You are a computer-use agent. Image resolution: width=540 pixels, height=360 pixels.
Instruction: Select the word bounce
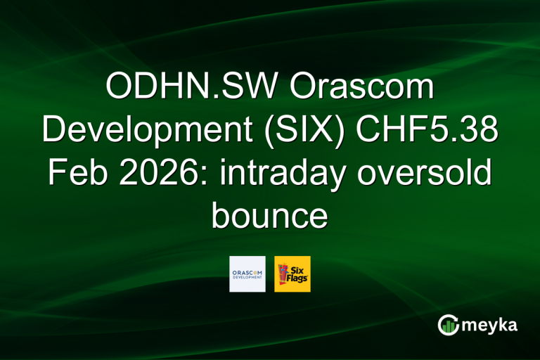(270, 215)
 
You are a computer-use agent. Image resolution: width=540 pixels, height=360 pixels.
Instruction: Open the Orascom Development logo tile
(247, 274)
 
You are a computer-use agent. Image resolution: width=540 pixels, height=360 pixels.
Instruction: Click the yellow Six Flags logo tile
(292, 274)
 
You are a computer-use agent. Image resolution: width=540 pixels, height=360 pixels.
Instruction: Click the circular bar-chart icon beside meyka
(448, 324)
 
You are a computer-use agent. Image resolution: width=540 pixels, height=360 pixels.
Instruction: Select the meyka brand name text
(491, 325)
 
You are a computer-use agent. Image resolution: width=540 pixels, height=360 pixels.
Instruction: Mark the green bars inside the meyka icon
(448, 326)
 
